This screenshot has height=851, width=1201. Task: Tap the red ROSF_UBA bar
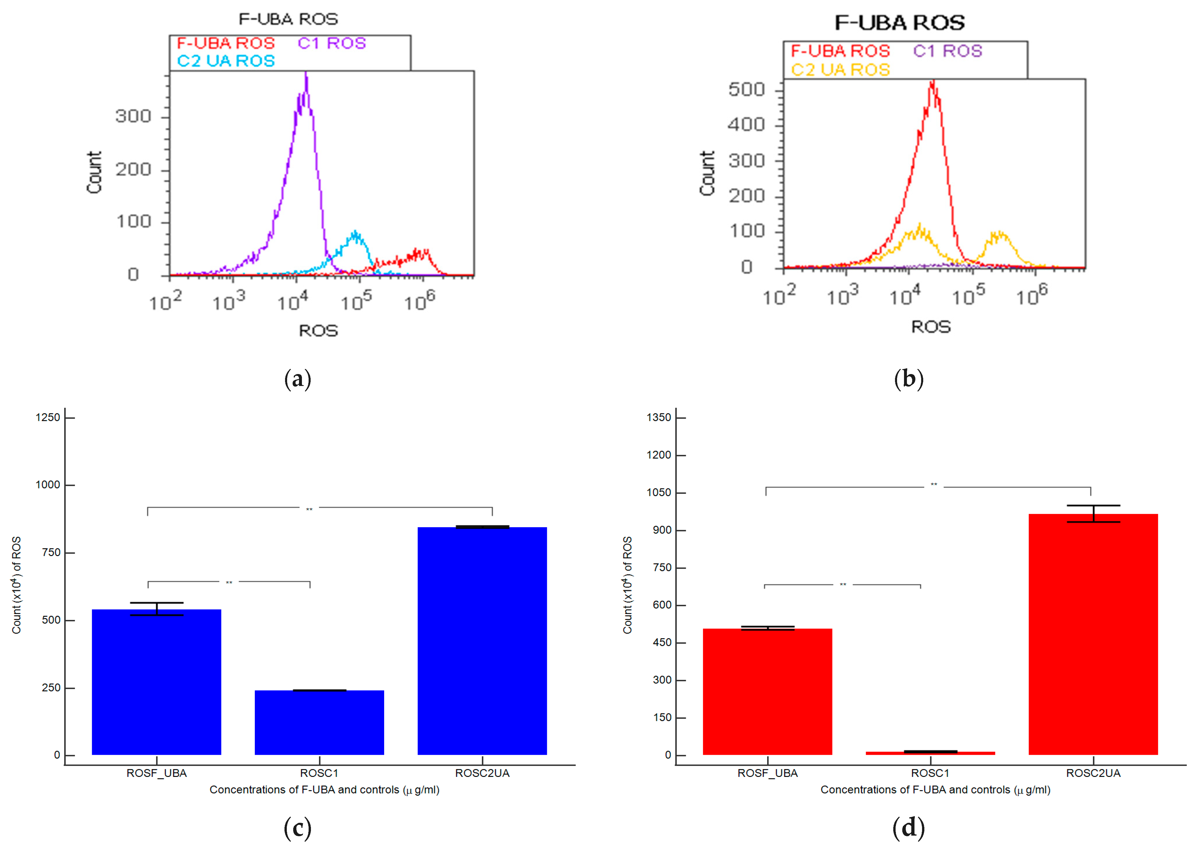(767, 692)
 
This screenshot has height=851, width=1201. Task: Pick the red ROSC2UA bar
(1093, 634)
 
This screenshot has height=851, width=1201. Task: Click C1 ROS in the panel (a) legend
(332, 43)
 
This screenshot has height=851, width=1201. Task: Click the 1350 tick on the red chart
(659, 418)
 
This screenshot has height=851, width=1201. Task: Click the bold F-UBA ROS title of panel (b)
(899, 23)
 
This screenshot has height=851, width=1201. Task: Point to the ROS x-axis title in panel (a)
(318, 331)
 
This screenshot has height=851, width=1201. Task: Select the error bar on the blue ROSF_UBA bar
(157, 609)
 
